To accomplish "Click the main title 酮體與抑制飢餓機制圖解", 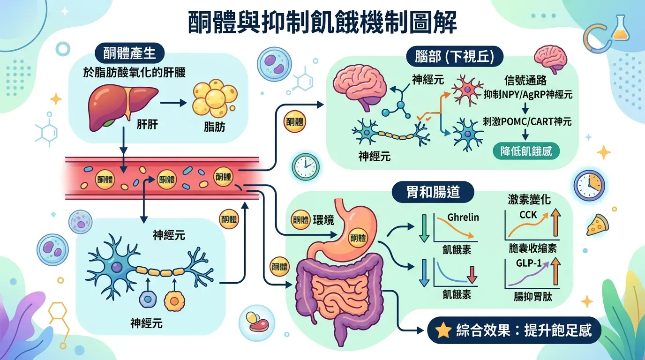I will point(322,22).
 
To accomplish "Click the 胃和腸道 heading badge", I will point(433,193).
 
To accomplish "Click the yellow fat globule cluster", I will point(215,99).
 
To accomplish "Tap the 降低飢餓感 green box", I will point(526,152).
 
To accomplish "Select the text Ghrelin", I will point(463,217).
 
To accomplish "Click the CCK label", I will point(528,215).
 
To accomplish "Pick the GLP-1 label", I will point(529,263).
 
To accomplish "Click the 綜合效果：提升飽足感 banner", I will point(514,330).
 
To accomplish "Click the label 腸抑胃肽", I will point(532,297).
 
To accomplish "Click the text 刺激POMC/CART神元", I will point(527,122).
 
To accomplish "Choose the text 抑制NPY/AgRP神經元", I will point(528,94).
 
